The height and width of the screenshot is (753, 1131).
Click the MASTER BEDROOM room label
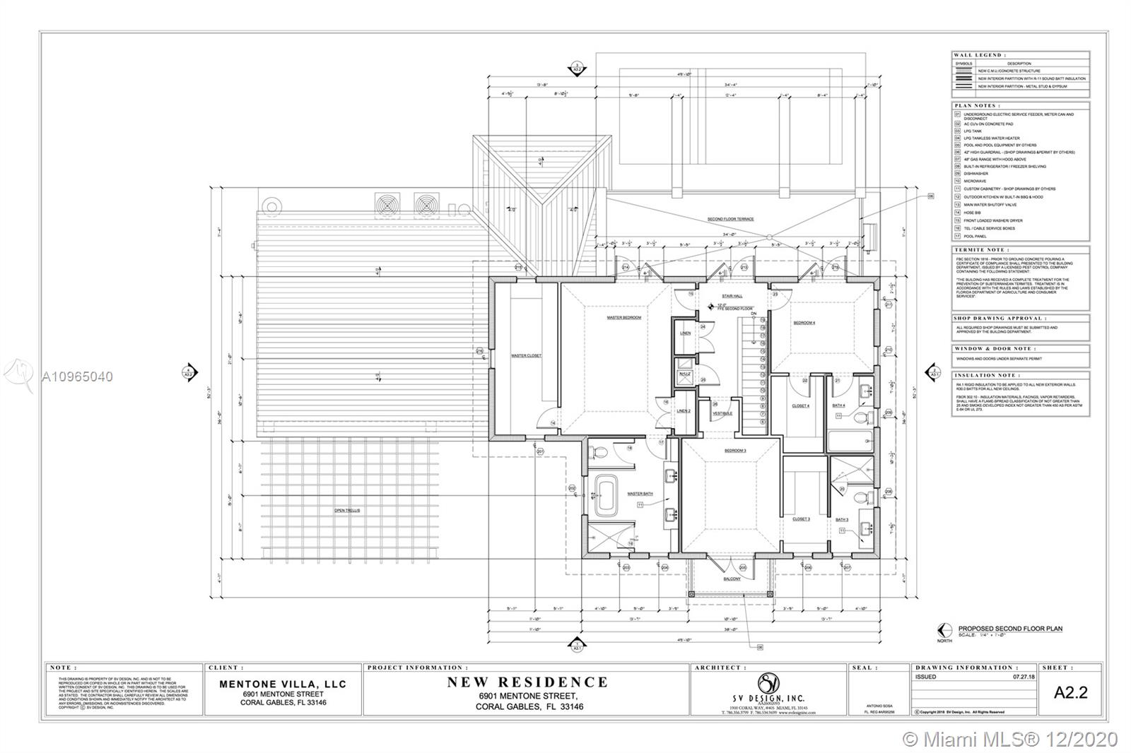(x=623, y=318)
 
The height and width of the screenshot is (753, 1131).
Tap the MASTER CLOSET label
(x=526, y=355)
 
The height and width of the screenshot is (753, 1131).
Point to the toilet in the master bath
(x=595, y=451)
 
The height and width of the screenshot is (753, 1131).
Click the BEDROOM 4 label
(x=804, y=322)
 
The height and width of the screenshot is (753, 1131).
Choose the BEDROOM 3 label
(x=734, y=450)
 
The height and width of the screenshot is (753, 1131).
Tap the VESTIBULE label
(x=722, y=413)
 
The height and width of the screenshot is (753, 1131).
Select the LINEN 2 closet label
(x=683, y=410)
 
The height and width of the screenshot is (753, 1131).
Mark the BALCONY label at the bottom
(x=732, y=579)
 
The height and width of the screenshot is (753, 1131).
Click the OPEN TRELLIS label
(x=347, y=510)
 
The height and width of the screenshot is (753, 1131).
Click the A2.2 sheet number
(x=1070, y=693)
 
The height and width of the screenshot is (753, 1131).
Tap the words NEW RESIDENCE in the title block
(x=527, y=682)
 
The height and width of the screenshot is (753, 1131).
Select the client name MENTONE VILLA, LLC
(x=283, y=684)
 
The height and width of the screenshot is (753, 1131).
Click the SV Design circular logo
(x=768, y=683)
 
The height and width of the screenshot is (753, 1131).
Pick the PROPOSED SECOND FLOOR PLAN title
(x=1009, y=629)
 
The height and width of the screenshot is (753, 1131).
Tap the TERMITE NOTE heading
(x=980, y=250)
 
